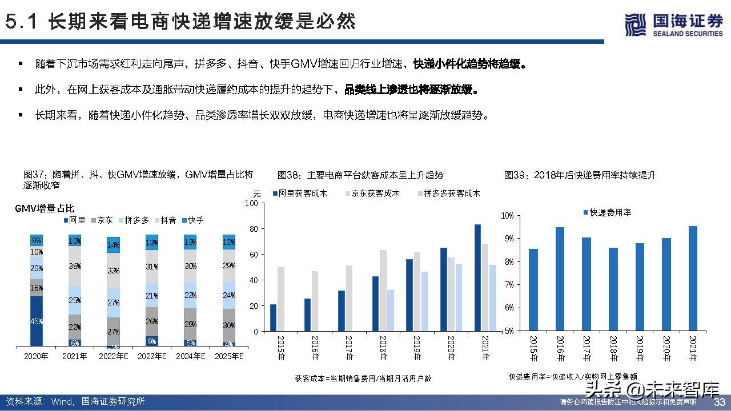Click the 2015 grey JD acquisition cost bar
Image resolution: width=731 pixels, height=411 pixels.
tap(281, 299)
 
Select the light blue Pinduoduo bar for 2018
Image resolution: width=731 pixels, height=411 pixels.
tap(391, 311)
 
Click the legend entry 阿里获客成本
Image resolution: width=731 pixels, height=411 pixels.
tap(301, 194)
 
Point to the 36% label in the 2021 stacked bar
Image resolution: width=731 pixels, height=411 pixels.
tap(75, 265)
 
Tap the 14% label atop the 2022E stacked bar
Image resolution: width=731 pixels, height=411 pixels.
tap(113, 245)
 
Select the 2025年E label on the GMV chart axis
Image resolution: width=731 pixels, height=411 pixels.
tap(228, 356)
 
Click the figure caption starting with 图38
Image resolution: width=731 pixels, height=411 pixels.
tap(360, 175)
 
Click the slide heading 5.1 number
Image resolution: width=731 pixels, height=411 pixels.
tap(22, 22)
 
